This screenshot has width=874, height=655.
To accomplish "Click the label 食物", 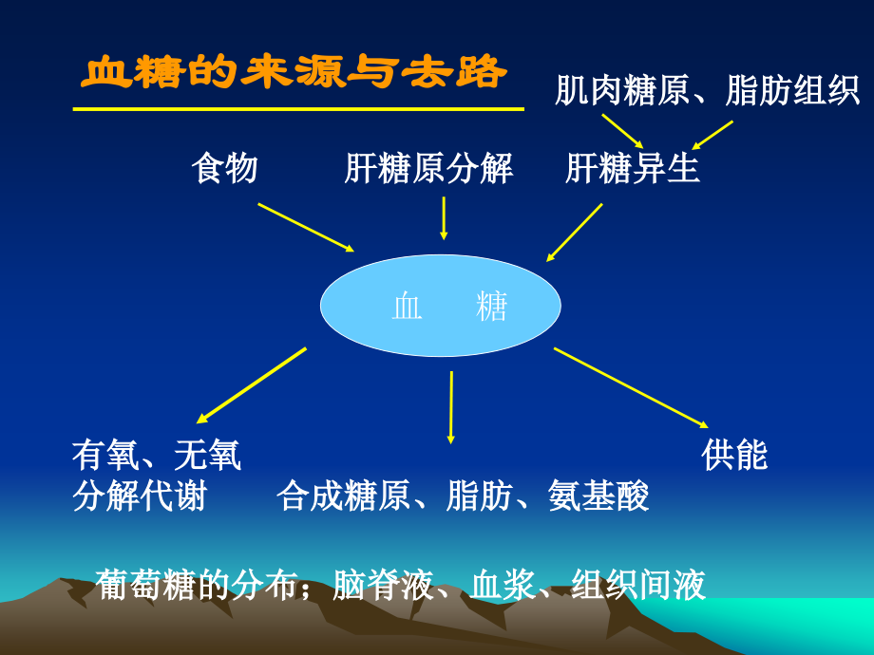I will [x=224, y=169].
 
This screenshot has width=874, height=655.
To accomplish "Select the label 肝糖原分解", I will [x=428, y=169].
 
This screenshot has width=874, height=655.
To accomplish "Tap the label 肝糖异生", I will [x=632, y=169].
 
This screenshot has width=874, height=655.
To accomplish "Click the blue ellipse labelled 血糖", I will [x=440, y=306].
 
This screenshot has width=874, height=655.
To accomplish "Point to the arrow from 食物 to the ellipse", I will [x=306, y=228].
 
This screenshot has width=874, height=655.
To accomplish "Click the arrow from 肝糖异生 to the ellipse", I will [x=575, y=233].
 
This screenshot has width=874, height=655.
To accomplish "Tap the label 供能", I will [x=734, y=456].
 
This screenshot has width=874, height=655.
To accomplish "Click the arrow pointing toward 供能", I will [x=632, y=388].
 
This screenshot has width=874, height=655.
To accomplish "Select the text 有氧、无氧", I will [x=157, y=456].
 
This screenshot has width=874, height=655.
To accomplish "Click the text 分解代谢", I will [x=140, y=496].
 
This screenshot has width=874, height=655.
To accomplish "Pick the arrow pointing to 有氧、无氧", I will [x=252, y=385].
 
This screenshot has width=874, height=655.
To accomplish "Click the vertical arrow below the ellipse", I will [x=451, y=406].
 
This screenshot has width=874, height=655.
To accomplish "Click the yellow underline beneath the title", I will [x=298, y=109].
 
